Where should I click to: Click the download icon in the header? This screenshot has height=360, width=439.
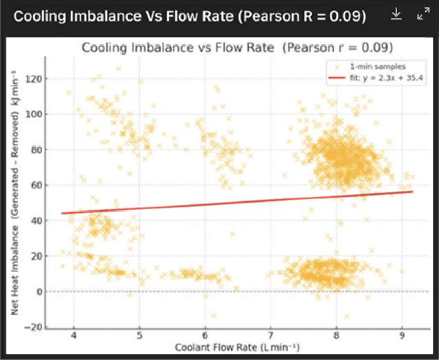[x=396, y=15]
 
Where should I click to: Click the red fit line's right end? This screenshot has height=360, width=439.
[x=412, y=192]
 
